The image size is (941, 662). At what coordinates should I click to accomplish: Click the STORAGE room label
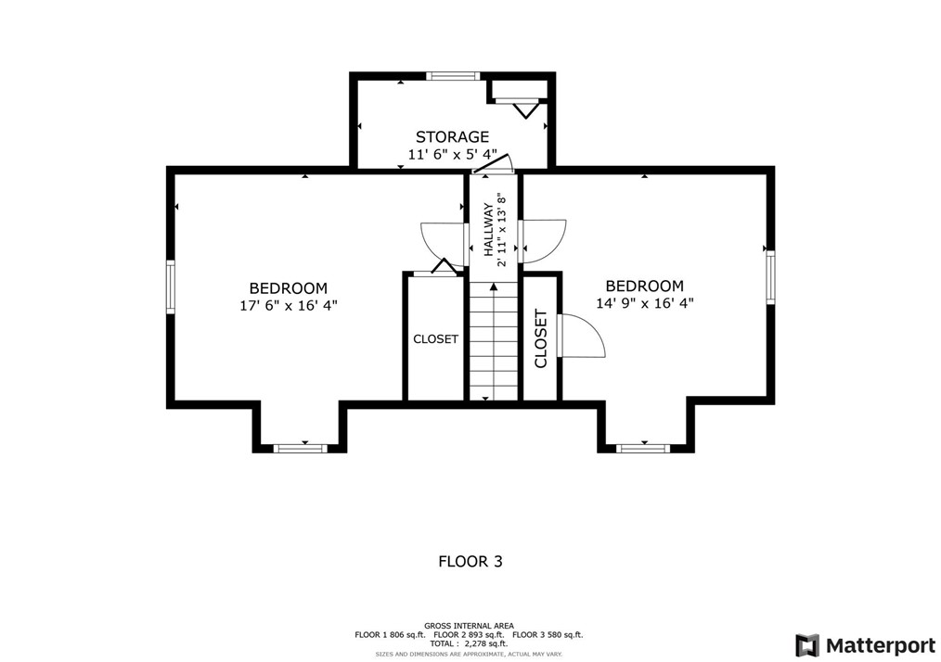(452, 137)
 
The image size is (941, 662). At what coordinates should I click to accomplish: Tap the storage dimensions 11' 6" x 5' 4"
(452, 154)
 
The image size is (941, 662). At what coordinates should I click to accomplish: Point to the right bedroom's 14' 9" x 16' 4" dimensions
(644, 302)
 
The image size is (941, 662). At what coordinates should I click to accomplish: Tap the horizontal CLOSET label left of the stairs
(435, 339)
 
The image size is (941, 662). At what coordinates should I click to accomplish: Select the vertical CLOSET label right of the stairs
(541, 338)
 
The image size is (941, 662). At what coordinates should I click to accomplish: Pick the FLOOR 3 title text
(470, 561)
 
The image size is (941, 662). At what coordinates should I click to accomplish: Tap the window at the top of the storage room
(453, 76)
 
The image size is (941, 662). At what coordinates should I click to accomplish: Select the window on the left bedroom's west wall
(171, 286)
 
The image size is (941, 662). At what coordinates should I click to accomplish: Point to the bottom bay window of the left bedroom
(302, 448)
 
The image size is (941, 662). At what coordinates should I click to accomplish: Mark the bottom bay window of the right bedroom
(643, 448)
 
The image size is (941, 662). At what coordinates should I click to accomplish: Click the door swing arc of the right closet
(585, 336)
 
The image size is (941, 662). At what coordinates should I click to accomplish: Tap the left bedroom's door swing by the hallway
(442, 242)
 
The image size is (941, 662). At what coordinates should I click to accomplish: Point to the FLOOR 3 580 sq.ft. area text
(548, 634)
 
